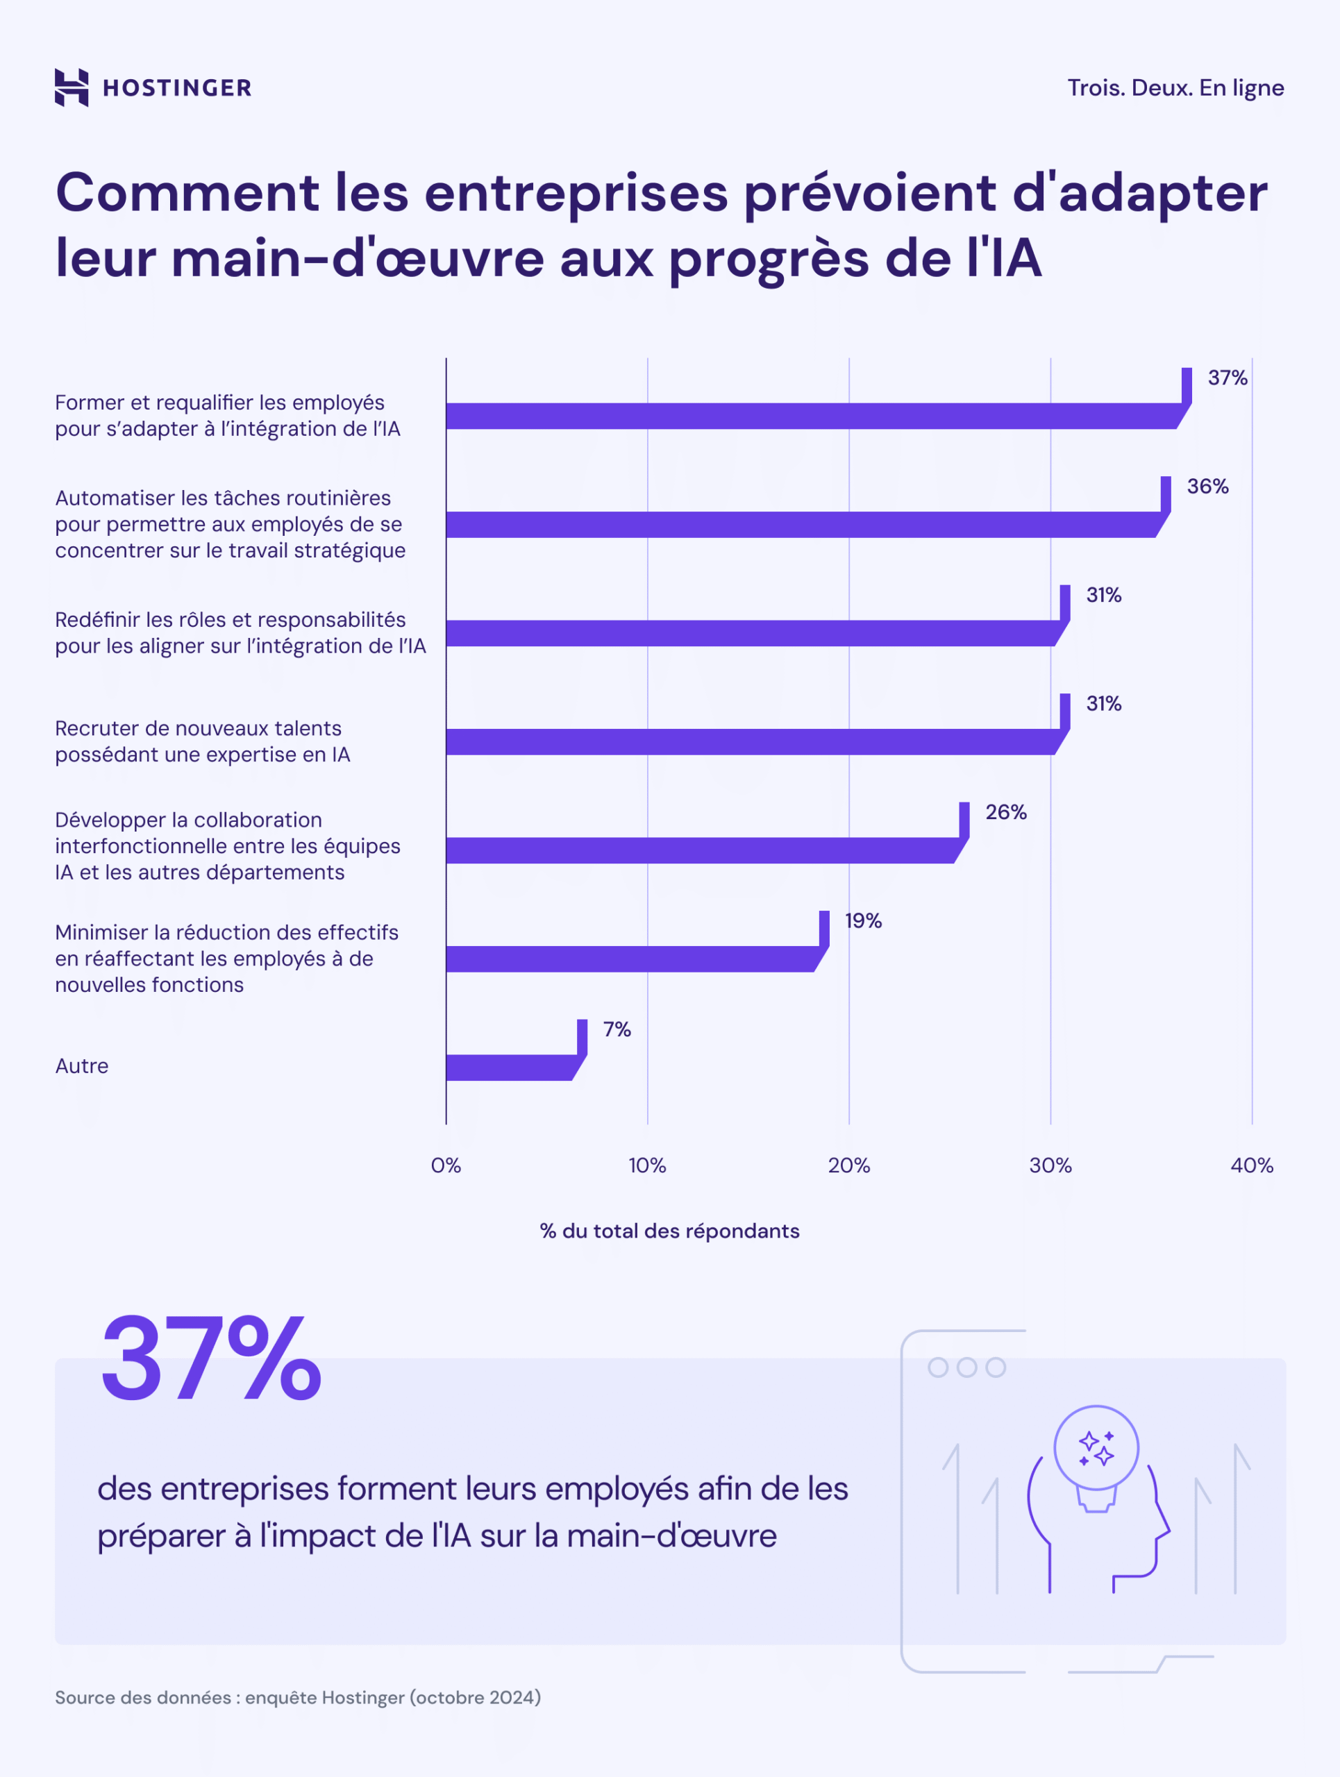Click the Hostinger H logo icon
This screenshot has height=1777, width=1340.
72,87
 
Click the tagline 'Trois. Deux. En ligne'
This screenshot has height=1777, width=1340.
1175,87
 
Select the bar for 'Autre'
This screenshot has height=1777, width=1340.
510,1067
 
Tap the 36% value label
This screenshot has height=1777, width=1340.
1207,486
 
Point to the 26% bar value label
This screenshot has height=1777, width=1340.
1005,811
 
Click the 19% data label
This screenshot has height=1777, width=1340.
863,920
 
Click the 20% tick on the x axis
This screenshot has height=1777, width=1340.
848,1165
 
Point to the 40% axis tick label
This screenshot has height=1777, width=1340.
1251,1165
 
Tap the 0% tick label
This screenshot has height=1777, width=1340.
446,1165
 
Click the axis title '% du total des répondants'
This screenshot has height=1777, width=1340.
669,1231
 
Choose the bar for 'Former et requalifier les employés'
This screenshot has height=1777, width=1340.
812,416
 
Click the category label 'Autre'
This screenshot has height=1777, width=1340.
81,1066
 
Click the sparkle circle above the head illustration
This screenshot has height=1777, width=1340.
1096,1447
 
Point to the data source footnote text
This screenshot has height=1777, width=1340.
297,1697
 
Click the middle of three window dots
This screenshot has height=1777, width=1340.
966,1367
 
